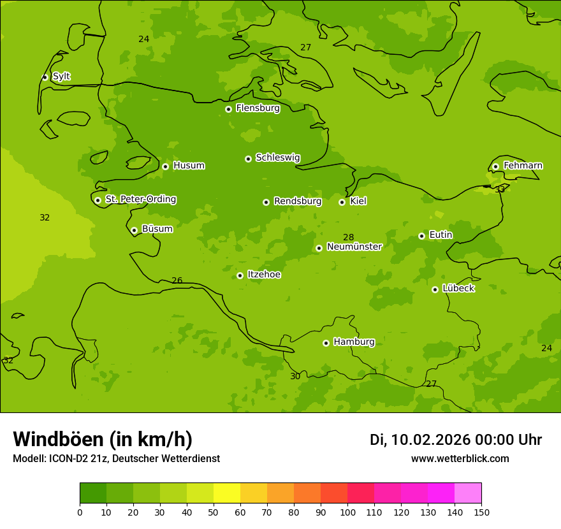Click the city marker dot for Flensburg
coord(228,109)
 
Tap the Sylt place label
coord(61,76)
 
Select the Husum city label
coord(189,166)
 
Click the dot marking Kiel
coord(342,202)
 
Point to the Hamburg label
coord(354,342)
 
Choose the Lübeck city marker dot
coord(435,289)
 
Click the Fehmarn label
coord(523,166)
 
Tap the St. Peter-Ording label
coord(140,199)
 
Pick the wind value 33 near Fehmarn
coord(500,189)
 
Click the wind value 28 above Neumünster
coord(349,238)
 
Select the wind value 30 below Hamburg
coord(295,377)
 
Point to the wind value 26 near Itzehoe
coord(177,281)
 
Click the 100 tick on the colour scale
coord(347,512)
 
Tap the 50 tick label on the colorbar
coord(214,512)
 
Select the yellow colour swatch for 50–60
coord(227,493)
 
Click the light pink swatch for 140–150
coord(468,493)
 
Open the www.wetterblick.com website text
coord(460,459)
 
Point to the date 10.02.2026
coord(430,440)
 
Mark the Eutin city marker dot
coord(421,236)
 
